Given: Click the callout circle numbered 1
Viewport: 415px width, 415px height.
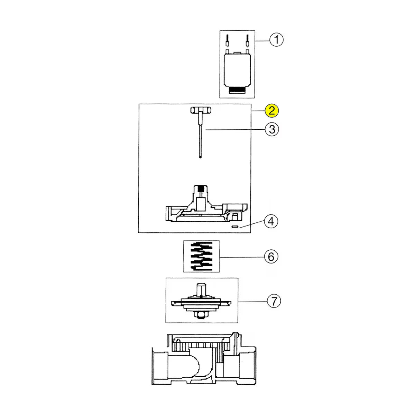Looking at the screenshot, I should point(276,40).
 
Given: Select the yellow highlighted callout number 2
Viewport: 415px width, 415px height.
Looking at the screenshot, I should point(272,111).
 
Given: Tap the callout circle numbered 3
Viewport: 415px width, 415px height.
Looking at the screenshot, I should point(272,129).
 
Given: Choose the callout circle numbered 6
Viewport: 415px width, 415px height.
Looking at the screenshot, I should point(271,257).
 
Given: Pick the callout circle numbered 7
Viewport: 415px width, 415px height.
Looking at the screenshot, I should point(274,301).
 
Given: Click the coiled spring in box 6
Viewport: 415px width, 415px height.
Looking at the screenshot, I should point(201,256).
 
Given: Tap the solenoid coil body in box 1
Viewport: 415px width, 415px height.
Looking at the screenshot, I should point(237,71).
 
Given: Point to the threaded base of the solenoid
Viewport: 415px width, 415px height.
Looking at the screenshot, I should point(237,91).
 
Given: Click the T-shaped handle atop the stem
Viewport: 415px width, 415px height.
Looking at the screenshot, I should point(200,110).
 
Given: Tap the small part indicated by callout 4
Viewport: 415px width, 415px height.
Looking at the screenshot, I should point(234,227).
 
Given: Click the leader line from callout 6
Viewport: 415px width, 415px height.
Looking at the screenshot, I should point(242,257).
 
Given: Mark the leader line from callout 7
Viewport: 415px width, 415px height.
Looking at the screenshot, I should point(252,302).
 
